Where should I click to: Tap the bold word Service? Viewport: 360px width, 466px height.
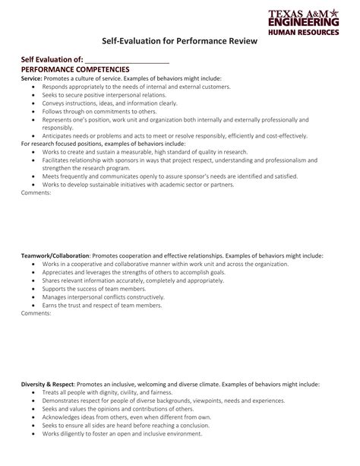[31, 78]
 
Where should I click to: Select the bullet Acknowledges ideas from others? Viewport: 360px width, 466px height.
[125, 417]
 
